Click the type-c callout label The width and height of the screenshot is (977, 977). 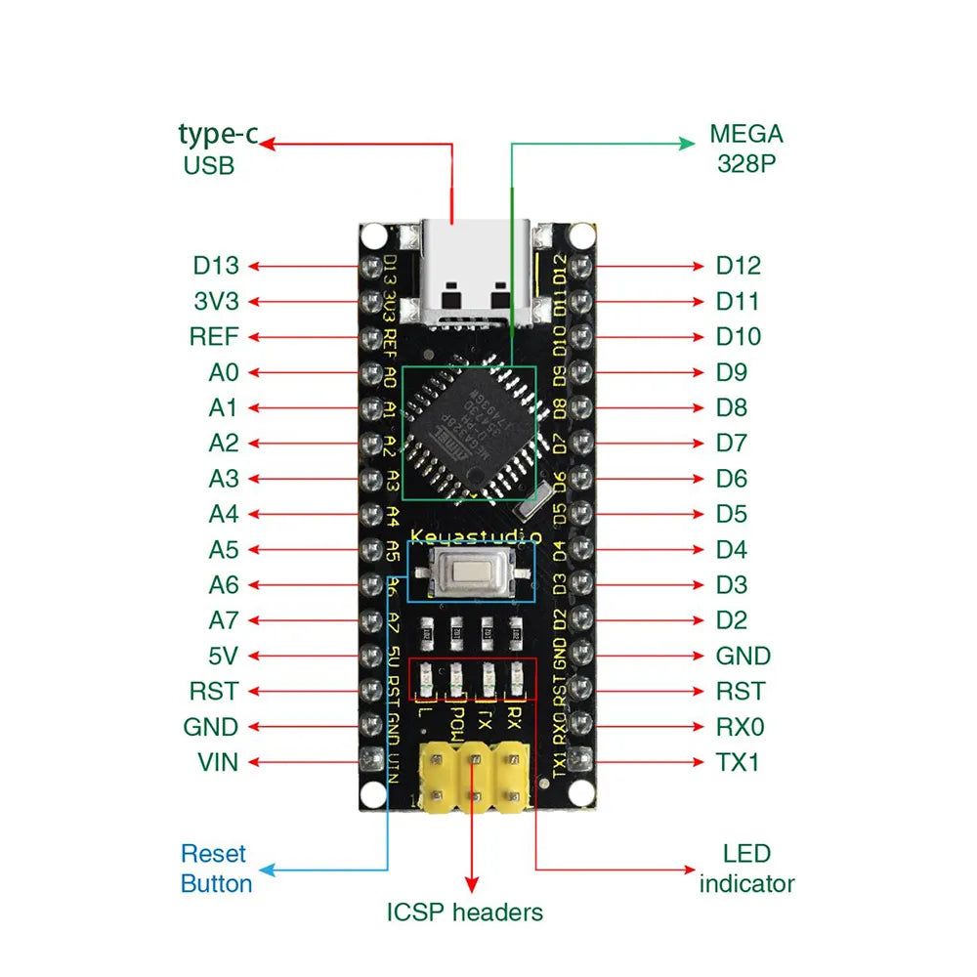click(x=218, y=134)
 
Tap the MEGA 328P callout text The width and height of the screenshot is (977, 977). click(x=746, y=149)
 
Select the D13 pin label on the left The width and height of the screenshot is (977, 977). click(x=216, y=266)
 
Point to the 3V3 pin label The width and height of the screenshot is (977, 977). click(x=216, y=301)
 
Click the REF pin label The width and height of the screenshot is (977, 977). click(x=214, y=337)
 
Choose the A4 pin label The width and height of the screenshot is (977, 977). click(x=224, y=514)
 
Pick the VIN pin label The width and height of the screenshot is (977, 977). click(x=218, y=762)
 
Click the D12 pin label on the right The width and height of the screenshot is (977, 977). click(x=738, y=266)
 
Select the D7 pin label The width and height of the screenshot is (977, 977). click(x=731, y=443)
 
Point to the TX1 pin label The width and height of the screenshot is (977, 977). click(x=738, y=762)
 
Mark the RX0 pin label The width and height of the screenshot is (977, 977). click(x=740, y=727)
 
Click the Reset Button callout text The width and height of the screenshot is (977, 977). click(x=215, y=869)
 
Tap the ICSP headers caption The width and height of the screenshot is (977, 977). click(x=464, y=913)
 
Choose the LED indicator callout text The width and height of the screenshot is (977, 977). click(x=746, y=869)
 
